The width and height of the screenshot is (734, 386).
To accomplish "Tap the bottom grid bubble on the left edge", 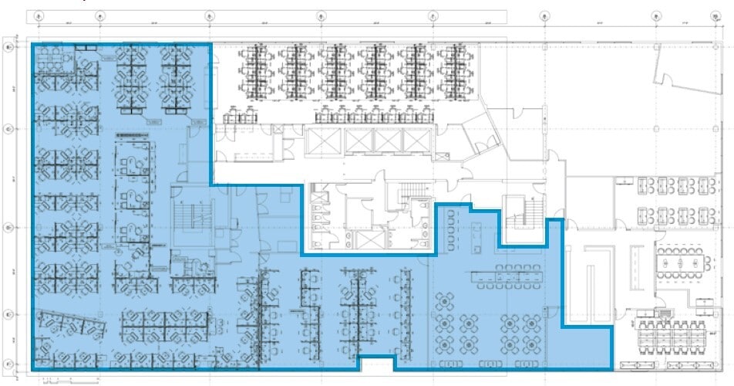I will tap(9, 364).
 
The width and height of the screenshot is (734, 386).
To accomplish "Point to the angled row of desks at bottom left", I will tap(69, 323).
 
